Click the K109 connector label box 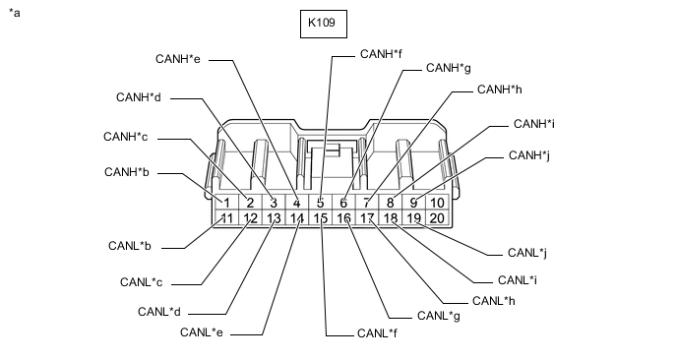point(324,24)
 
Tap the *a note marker point(14,13)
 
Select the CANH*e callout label point(178,59)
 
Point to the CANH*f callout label point(381,54)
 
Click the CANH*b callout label point(127,172)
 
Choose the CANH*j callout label point(529,155)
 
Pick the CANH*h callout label point(500,90)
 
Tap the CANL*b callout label point(130,246)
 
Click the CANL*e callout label point(202,332)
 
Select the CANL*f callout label point(377,333)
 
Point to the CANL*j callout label point(527,253)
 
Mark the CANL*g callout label point(439,317)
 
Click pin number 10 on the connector point(437,203)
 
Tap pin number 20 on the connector point(437,218)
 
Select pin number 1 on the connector point(227,203)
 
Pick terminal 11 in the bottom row point(226,218)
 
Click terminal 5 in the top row point(321,203)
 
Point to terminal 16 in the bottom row point(343,218)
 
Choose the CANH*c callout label point(126,137)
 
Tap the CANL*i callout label point(518,280)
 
